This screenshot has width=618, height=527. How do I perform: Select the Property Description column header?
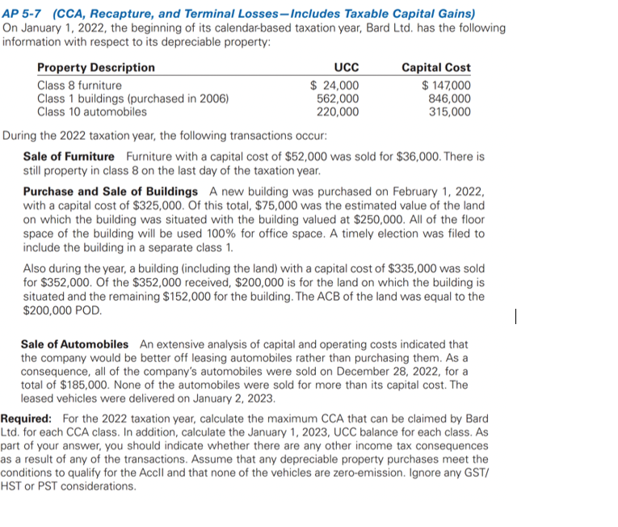(x=96, y=67)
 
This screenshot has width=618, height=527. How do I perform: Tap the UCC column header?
(x=347, y=67)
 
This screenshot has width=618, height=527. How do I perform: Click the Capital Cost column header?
(x=436, y=67)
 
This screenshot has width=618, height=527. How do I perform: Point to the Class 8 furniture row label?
(x=80, y=86)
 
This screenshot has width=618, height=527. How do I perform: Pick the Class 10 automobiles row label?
(x=92, y=112)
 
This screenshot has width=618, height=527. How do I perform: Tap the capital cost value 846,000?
(x=450, y=99)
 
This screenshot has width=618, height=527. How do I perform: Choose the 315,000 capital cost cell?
(x=450, y=112)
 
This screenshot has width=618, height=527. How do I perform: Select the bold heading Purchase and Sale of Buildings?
(x=111, y=192)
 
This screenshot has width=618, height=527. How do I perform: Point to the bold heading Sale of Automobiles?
(x=74, y=344)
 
